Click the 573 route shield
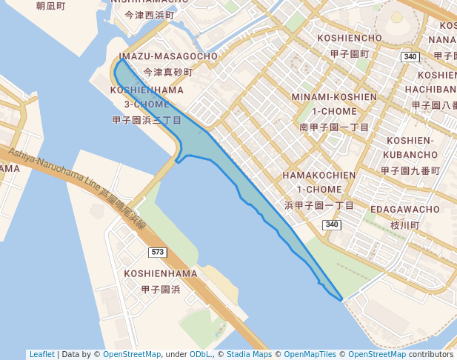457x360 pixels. [157, 253]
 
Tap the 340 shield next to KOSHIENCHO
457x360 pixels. [410, 57]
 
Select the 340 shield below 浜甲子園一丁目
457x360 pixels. [331, 224]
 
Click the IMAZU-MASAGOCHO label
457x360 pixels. [168, 56]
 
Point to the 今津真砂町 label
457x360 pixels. [168, 73]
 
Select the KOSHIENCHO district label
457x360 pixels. [350, 38]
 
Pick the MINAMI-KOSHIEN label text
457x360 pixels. [334, 97]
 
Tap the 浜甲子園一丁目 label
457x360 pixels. [319, 205]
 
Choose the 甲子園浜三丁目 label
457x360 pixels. [147, 119]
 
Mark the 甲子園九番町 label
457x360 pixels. [410, 170]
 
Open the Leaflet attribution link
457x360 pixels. [42, 354]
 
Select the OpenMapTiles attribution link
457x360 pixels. [310, 354]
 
